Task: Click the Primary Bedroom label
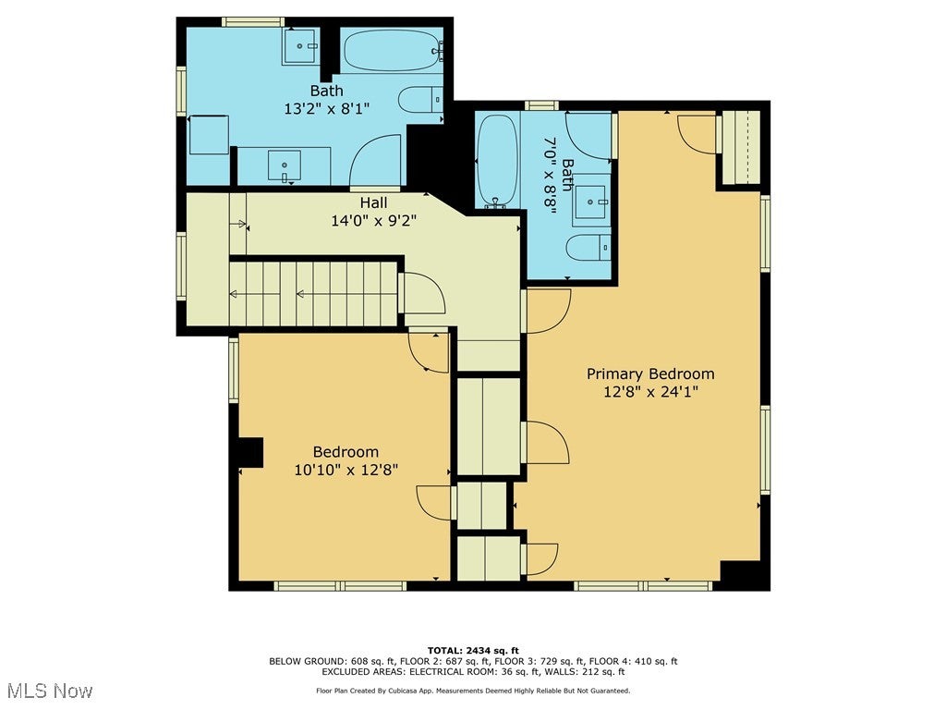point(650,374)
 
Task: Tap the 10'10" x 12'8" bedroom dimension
point(346,470)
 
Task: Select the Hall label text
point(373,202)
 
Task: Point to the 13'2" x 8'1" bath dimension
point(326,109)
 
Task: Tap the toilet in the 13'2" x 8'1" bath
point(420,99)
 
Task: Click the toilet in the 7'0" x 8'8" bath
point(588,248)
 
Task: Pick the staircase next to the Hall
point(313,294)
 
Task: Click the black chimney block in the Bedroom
point(250,452)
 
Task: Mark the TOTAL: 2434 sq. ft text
point(473,650)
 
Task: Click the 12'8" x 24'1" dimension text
point(650,392)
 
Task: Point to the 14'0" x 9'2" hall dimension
point(373,221)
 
